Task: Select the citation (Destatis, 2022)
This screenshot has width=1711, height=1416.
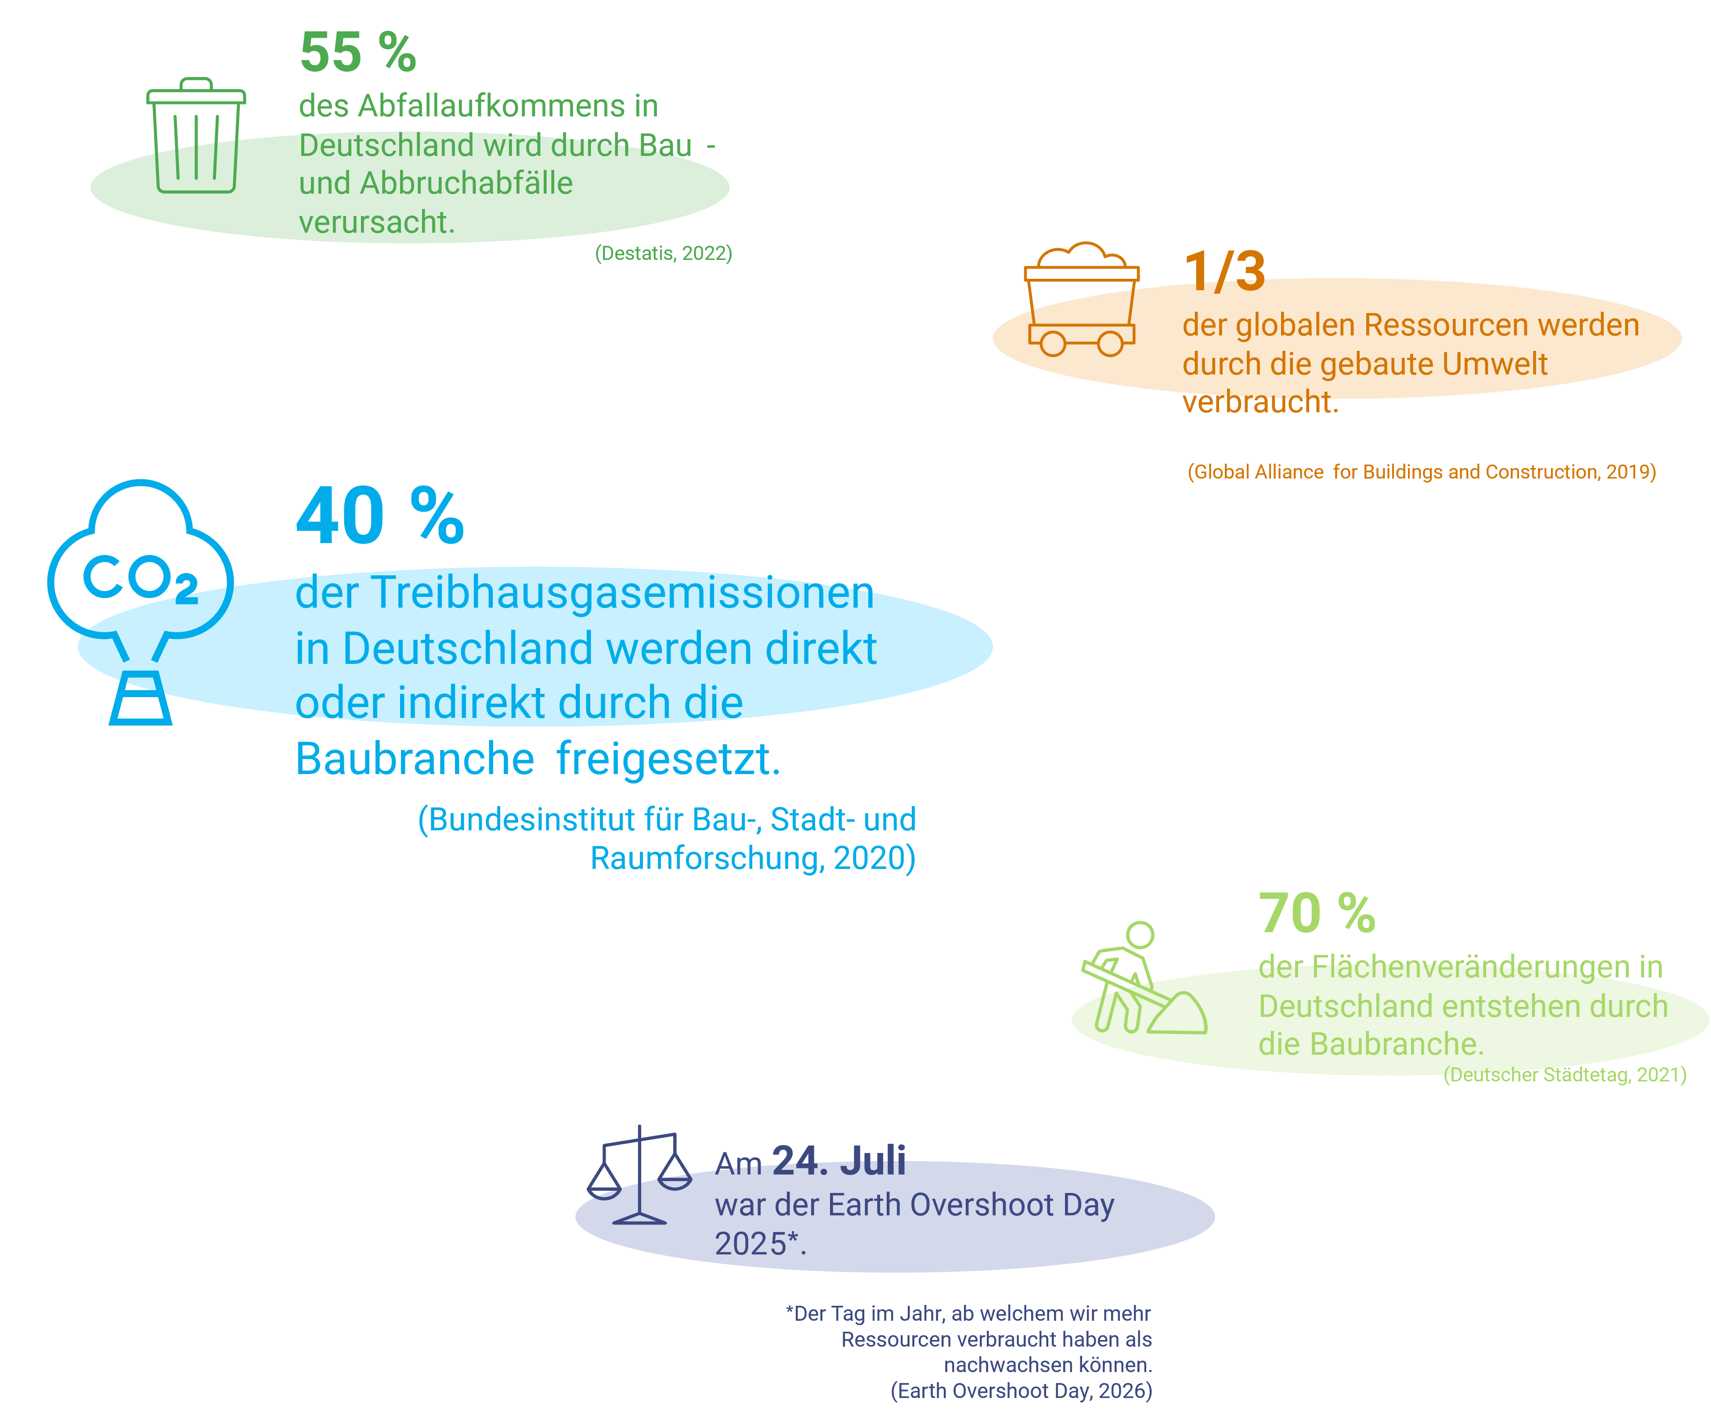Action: pyautogui.click(x=663, y=253)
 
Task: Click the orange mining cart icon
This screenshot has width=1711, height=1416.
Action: pyautogui.click(x=1081, y=299)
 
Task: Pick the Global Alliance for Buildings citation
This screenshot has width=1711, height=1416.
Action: pyautogui.click(x=1422, y=472)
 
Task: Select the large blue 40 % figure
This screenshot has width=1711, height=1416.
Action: pyautogui.click(x=380, y=516)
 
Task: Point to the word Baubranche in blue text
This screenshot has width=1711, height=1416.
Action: pyautogui.click(x=415, y=759)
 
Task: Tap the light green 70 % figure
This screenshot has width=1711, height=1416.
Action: pyautogui.click(x=1317, y=913)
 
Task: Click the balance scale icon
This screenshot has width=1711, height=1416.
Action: pyautogui.click(x=639, y=1175)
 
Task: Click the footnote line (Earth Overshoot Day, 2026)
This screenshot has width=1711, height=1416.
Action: pyautogui.click(x=1022, y=1391)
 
